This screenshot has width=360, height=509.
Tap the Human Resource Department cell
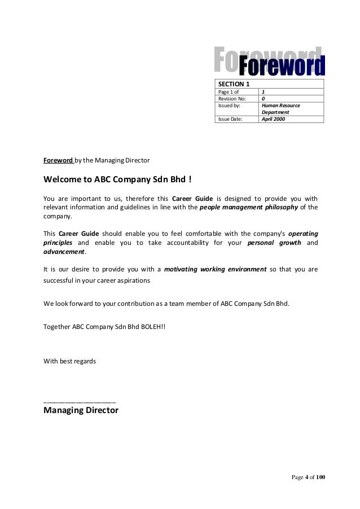coord(291,108)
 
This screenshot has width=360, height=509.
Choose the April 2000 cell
coord(291,119)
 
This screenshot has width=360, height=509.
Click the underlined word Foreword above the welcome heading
coord(58,160)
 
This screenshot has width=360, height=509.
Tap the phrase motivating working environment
coord(215,269)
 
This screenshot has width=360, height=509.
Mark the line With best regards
coord(69,360)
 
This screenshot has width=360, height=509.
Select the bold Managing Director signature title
coord(81,410)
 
